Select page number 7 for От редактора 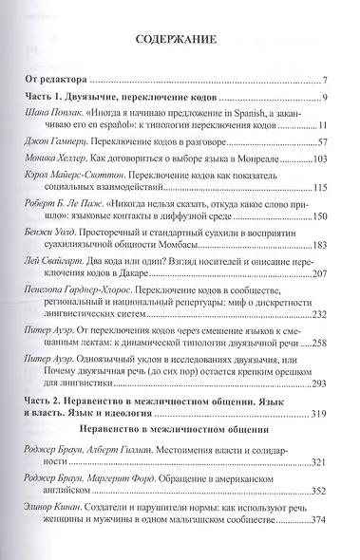pos(325,80)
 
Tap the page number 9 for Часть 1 pos(325,99)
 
